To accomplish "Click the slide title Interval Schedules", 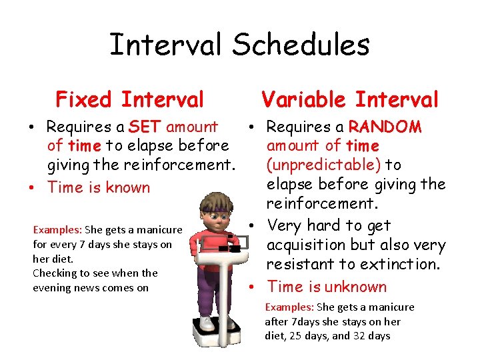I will (239, 45).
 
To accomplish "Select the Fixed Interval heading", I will (129, 100).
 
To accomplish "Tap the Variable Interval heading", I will (350, 100).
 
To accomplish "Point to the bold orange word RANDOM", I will (385, 127).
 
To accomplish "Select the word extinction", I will (400, 264).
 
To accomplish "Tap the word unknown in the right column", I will (354, 287).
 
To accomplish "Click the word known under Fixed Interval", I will (127, 187).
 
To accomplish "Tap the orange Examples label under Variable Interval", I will (289, 307).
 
